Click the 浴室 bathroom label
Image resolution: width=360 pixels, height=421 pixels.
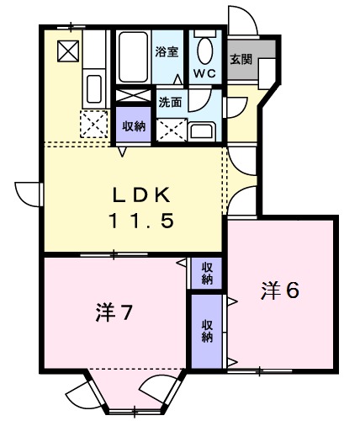(167, 52)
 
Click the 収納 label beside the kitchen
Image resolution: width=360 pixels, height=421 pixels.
(132, 127)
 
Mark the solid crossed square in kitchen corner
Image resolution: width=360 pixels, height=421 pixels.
(66, 52)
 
